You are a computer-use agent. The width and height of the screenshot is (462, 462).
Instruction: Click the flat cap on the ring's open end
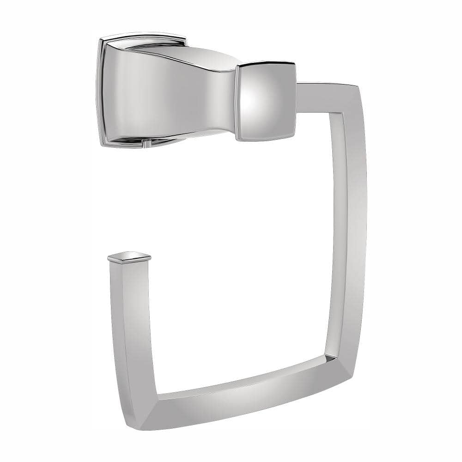point(129,256)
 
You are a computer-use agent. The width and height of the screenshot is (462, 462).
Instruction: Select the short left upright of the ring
point(132,323)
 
